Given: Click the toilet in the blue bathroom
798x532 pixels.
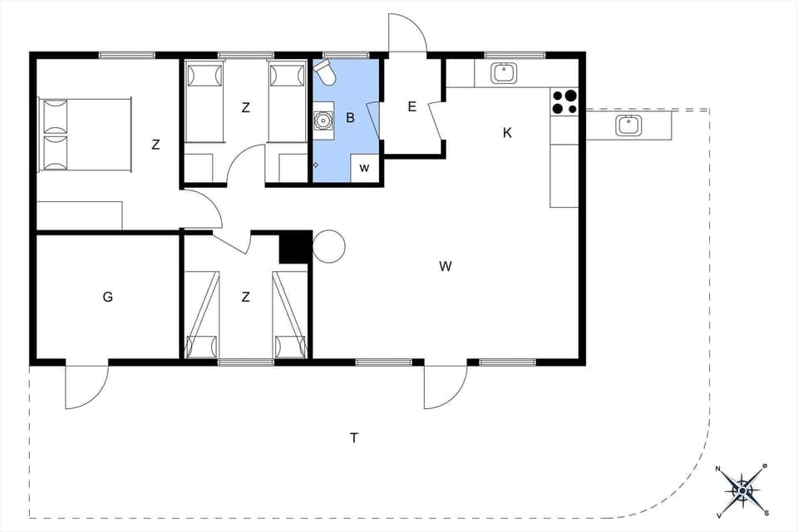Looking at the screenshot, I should (327, 74).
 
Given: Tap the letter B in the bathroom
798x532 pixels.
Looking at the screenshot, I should (350, 118).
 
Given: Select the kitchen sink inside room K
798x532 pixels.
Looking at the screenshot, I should (504, 73).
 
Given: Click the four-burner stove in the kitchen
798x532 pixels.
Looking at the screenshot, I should (564, 101).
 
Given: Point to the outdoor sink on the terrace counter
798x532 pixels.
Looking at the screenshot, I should (628, 126).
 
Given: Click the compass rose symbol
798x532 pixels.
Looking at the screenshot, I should (741, 490).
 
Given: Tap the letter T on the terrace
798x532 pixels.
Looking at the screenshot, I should (354, 438).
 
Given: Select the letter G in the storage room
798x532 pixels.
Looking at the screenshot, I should (108, 297).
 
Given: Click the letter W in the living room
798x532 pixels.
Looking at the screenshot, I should (446, 266).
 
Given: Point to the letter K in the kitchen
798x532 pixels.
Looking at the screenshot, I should (507, 132).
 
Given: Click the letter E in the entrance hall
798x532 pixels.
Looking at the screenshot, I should (411, 106).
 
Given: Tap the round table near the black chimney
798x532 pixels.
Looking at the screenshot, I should (329, 246).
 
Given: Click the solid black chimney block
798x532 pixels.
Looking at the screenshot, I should (294, 247).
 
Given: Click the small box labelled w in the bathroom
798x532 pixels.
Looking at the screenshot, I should (364, 167).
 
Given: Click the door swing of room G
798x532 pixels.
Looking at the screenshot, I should (86, 387).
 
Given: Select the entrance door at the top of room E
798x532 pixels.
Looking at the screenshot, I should (407, 33).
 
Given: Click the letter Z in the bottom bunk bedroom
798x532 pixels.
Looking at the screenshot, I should (245, 297).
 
